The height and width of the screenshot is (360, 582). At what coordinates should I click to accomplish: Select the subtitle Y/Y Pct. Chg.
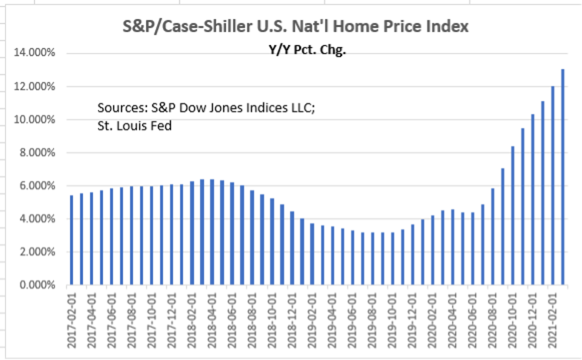[x=307, y=51]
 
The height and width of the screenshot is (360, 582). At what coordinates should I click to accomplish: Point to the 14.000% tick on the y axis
[x=35, y=53]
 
